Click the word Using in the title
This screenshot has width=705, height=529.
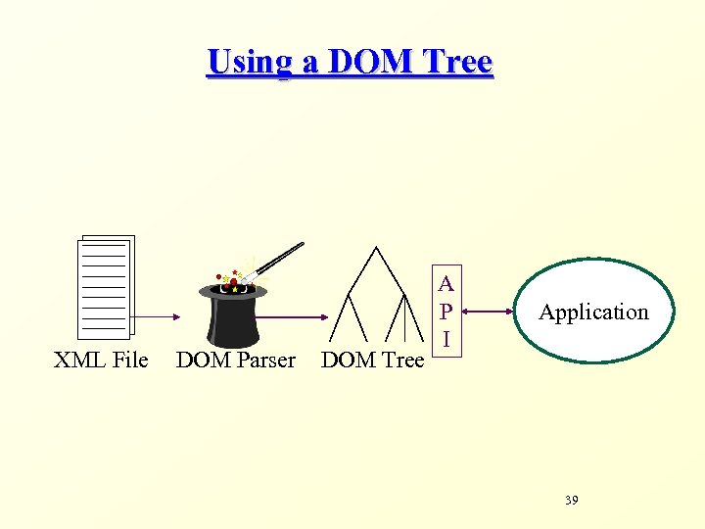(x=250, y=63)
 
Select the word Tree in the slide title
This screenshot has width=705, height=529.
(x=457, y=63)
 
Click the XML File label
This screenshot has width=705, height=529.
(x=101, y=361)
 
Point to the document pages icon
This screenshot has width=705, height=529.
(x=105, y=286)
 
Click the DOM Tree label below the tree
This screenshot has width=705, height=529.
(x=372, y=361)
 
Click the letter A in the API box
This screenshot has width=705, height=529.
(x=446, y=285)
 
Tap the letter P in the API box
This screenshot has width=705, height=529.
(x=446, y=312)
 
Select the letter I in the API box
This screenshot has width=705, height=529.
(x=446, y=339)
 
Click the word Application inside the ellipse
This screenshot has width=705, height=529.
(x=593, y=313)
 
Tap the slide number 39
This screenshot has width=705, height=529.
(x=572, y=501)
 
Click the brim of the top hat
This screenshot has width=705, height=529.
(x=233, y=292)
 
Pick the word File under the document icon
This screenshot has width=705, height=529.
(x=130, y=361)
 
